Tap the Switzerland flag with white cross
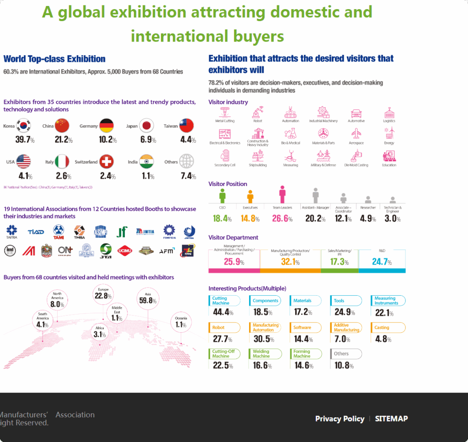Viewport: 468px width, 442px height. [106, 161]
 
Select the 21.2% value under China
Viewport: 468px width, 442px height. [64, 139]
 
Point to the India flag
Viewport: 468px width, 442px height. [146, 161]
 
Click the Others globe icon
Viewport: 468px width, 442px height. [186, 161]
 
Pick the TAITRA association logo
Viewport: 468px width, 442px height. [11, 232]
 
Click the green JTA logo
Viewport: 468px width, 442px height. [106, 250]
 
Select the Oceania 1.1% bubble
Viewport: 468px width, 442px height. [181, 322]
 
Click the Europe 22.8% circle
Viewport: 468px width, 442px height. [103, 294]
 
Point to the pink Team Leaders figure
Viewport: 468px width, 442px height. [282, 194]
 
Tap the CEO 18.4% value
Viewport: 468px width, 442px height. [222, 218]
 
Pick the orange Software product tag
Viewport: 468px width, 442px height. [303, 327]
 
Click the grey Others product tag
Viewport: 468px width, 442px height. [346, 354]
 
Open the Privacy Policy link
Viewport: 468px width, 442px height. [340, 419]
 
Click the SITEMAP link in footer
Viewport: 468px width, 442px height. [391, 419]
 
